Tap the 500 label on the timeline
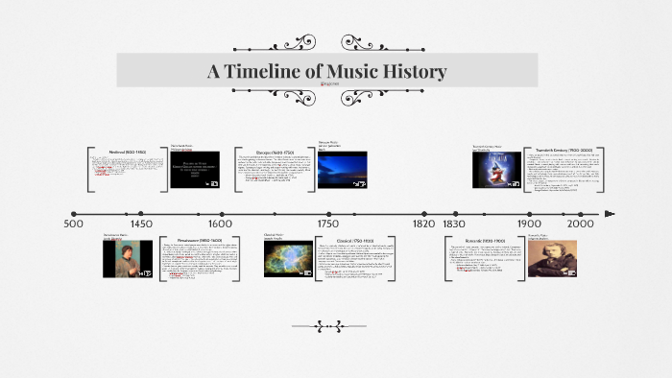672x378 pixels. pyautogui.click(x=74, y=224)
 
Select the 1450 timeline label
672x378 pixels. pyautogui.click(x=141, y=224)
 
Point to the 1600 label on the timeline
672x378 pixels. pyautogui.click(x=221, y=224)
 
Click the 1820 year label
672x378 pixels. pyautogui.click(x=424, y=224)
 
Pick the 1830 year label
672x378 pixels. pyautogui.click(x=454, y=224)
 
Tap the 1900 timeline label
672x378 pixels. pyautogui.click(x=529, y=224)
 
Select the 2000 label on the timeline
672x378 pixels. pyautogui.click(x=580, y=224)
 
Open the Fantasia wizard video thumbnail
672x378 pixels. pyautogui.click(x=496, y=170)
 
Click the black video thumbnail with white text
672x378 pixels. pyautogui.click(x=195, y=170)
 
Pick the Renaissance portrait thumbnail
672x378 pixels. pyautogui.click(x=128, y=259)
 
